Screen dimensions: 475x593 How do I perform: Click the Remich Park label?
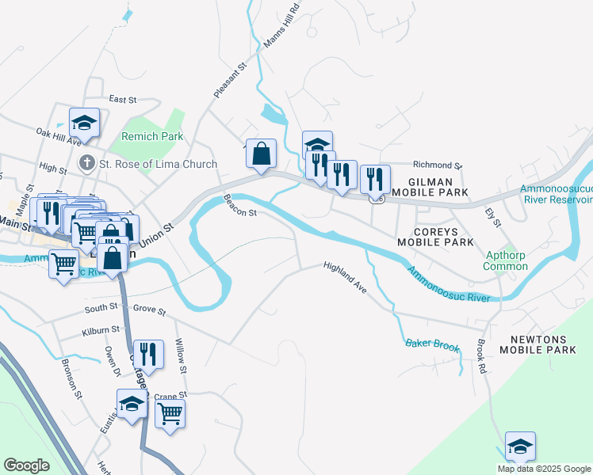151,136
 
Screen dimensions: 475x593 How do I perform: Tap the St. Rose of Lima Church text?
158,165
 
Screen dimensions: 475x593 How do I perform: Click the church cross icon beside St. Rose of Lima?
87,165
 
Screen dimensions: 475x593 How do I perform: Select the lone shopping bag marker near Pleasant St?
261,154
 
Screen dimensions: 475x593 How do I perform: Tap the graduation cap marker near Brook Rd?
520,446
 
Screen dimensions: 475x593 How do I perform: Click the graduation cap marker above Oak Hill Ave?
84,123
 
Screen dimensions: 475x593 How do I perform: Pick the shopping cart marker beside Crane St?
170,413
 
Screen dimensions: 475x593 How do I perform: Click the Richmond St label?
437,165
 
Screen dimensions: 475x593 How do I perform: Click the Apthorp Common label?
506,260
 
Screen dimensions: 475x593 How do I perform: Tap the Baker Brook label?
432,344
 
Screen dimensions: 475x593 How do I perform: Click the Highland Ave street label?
345,279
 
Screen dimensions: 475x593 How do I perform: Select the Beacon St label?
240,207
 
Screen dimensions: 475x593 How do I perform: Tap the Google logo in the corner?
26,465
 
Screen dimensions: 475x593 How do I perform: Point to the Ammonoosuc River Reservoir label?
556,194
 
